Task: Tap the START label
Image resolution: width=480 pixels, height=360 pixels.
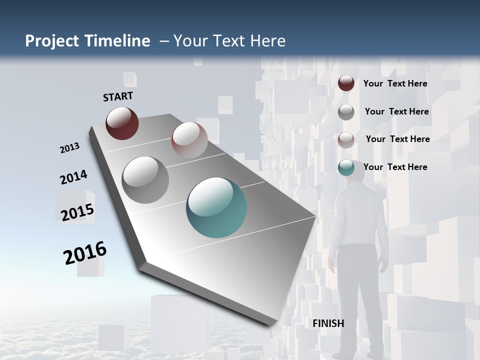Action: click(118, 96)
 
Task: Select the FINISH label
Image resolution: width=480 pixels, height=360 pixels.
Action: click(328, 323)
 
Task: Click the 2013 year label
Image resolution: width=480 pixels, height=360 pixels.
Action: click(69, 148)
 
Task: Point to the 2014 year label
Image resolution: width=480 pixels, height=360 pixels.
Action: click(73, 177)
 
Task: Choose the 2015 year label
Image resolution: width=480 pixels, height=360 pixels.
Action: click(77, 212)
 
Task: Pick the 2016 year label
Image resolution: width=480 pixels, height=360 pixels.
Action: click(85, 252)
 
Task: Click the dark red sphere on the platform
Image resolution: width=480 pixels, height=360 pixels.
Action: click(122, 123)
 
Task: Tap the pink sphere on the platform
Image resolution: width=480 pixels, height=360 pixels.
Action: click(189, 140)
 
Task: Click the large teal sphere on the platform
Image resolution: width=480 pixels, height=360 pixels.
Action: click(216, 207)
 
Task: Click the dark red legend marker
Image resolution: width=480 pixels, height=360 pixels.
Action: click(346, 83)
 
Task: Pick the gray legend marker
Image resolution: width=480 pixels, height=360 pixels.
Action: click(346, 112)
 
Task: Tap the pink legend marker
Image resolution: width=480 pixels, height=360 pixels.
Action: click(346, 139)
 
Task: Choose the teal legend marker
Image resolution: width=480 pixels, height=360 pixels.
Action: click(346, 167)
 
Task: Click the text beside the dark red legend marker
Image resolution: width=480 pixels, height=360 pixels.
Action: click(395, 83)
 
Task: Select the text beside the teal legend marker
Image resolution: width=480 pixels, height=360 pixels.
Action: click(395, 167)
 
